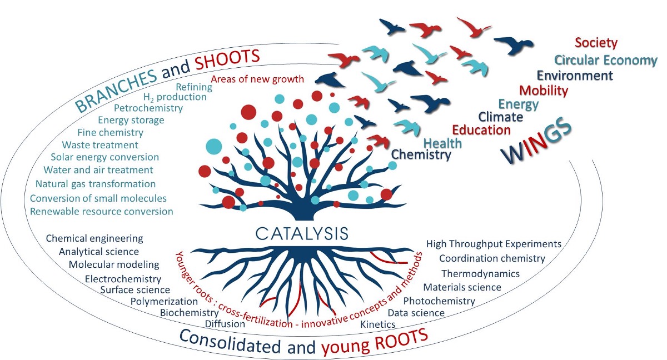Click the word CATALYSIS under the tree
pos(302,234)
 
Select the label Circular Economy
pos(605,60)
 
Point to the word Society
pos(596,43)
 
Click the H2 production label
pos(175,97)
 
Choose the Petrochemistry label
pos(148,108)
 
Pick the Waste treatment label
pos(100,145)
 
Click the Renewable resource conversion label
pos(102,211)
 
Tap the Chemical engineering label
pos(94,238)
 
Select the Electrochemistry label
pos(123,279)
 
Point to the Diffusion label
pos(225,324)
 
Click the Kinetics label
pos(378,324)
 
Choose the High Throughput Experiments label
pos(494,244)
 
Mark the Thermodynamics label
pos(480,273)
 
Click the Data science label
pos(416,313)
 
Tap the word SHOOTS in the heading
pos(227,59)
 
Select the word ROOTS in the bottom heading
pos(401,339)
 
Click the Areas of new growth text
pos(257,79)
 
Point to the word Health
pos(442,143)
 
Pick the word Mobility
pos(544,90)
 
